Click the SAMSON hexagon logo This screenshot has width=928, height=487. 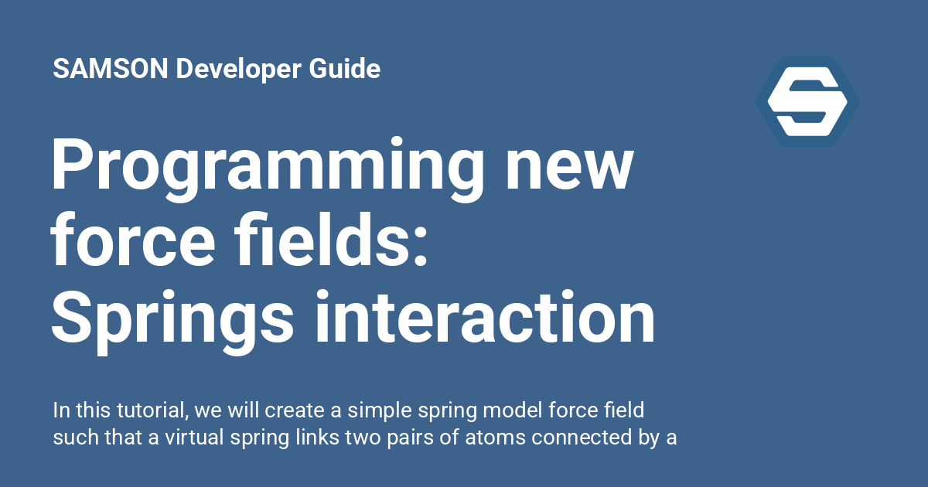pos(807,101)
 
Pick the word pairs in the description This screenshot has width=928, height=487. pos(416,438)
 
